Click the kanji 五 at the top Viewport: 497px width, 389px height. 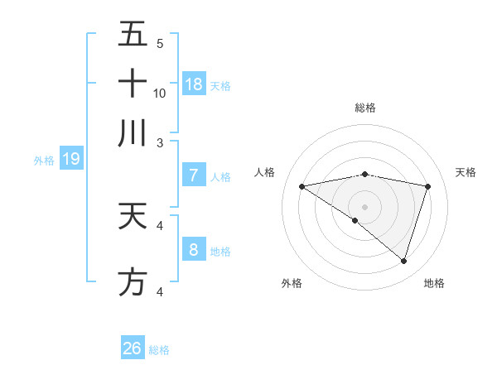(133, 34)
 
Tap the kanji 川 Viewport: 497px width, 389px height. (133, 132)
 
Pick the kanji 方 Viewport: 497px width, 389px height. (133, 282)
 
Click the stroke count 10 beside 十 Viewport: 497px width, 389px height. (160, 93)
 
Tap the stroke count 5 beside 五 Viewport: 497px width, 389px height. (160, 43)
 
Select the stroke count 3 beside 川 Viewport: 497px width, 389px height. (160, 142)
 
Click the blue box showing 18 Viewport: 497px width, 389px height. (194, 84)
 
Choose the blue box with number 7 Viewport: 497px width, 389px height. (194, 175)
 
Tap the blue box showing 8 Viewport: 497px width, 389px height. (194, 249)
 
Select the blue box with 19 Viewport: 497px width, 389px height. (71, 159)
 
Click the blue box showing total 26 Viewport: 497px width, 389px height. (133, 348)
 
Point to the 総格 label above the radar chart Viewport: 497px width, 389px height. (365, 108)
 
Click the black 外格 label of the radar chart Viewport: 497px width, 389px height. (292, 283)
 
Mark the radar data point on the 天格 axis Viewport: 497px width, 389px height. (428, 186)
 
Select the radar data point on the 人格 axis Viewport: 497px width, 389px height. (302, 186)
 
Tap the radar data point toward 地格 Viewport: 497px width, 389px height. (404, 261)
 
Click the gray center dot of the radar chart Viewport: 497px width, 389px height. (365, 206)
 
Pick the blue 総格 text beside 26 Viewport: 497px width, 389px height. (160, 350)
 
